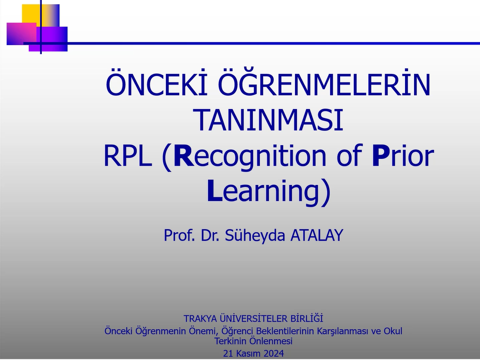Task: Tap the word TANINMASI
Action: point(269,120)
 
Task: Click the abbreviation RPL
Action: point(128,156)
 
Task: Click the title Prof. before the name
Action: point(179,235)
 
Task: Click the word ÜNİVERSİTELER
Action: point(253,318)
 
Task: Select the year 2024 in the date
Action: point(273,353)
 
